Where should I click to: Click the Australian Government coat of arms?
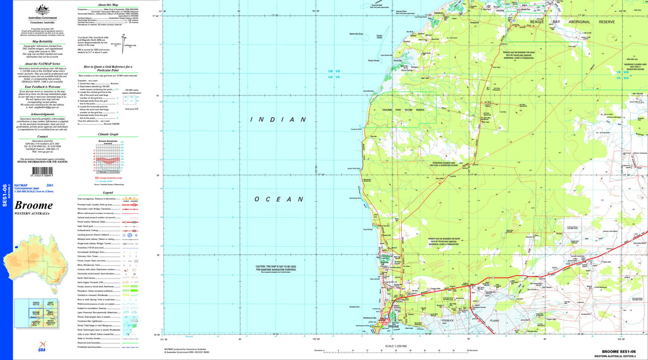click(x=42, y=9)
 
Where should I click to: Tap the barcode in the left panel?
click(x=42, y=171)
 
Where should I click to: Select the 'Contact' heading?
click(x=42, y=136)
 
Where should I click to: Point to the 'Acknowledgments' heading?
click(x=42, y=115)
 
